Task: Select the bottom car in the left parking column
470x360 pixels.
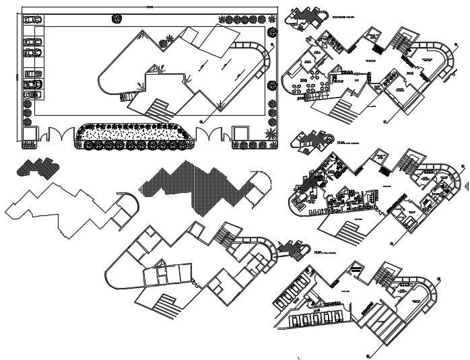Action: click(31, 94)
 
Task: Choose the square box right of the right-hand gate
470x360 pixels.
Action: click(240, 133)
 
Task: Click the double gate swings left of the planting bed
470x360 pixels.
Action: click(58, 133)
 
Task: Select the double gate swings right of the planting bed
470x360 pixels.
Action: click(213, 133)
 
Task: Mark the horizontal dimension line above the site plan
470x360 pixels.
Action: click(148, 7)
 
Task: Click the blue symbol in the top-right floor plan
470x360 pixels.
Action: click(325, 46)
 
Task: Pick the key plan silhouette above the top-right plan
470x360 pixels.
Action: click(307, 17)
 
